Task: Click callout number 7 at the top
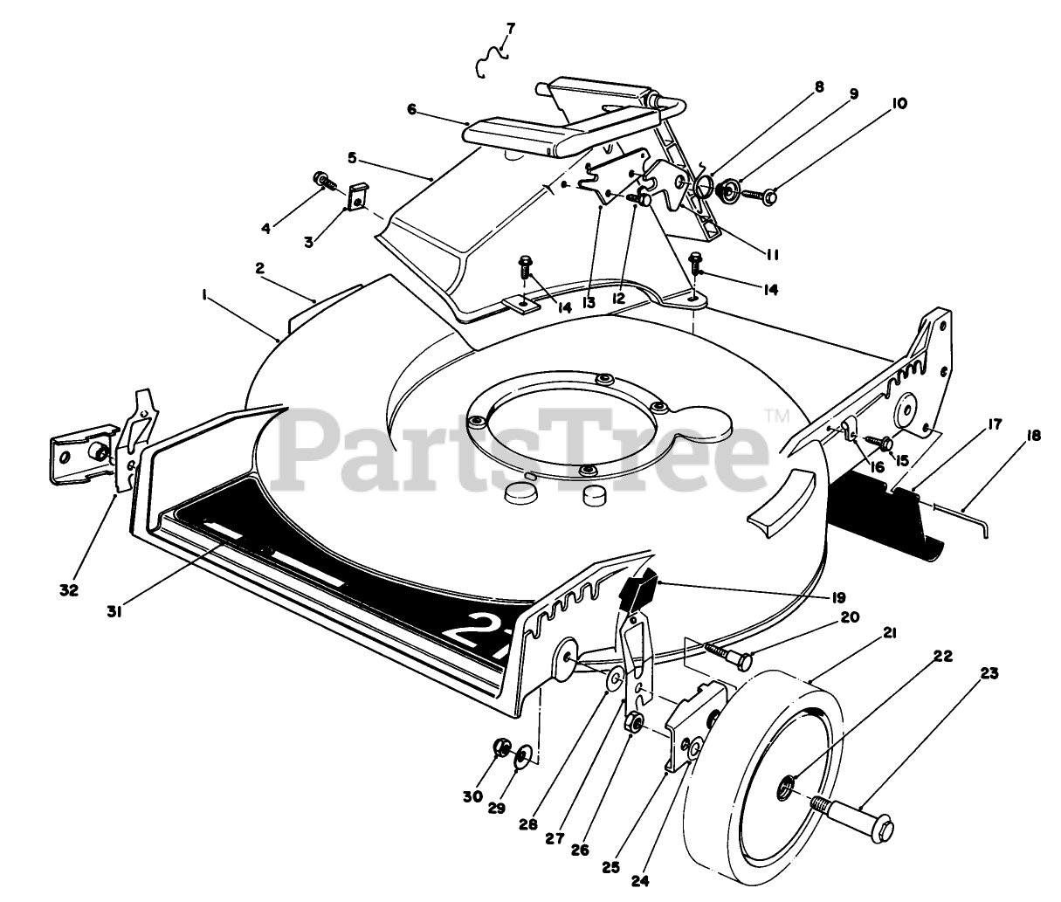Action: [x=511, y=28]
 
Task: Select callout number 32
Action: [x=69, y=589]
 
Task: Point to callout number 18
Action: [x=1034, y=434]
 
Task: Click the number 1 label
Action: [x=203, y=296]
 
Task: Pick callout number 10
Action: [x=899, y=104]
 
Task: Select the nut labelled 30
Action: [x=502, y=747]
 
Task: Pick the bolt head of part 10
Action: [x=769, y=199]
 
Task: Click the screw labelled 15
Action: [x=883, y=444]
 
